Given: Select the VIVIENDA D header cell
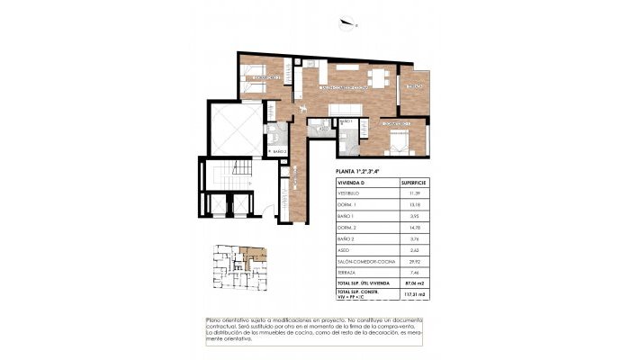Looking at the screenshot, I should pyautogui.click(x=352, y=182).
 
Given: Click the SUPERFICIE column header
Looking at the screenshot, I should pyautogui.click(x=418, y=182).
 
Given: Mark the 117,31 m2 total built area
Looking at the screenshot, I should pyautogui.click(x=418, y=294).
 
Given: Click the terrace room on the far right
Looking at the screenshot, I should pyautogui.click(x=415, y=90).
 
